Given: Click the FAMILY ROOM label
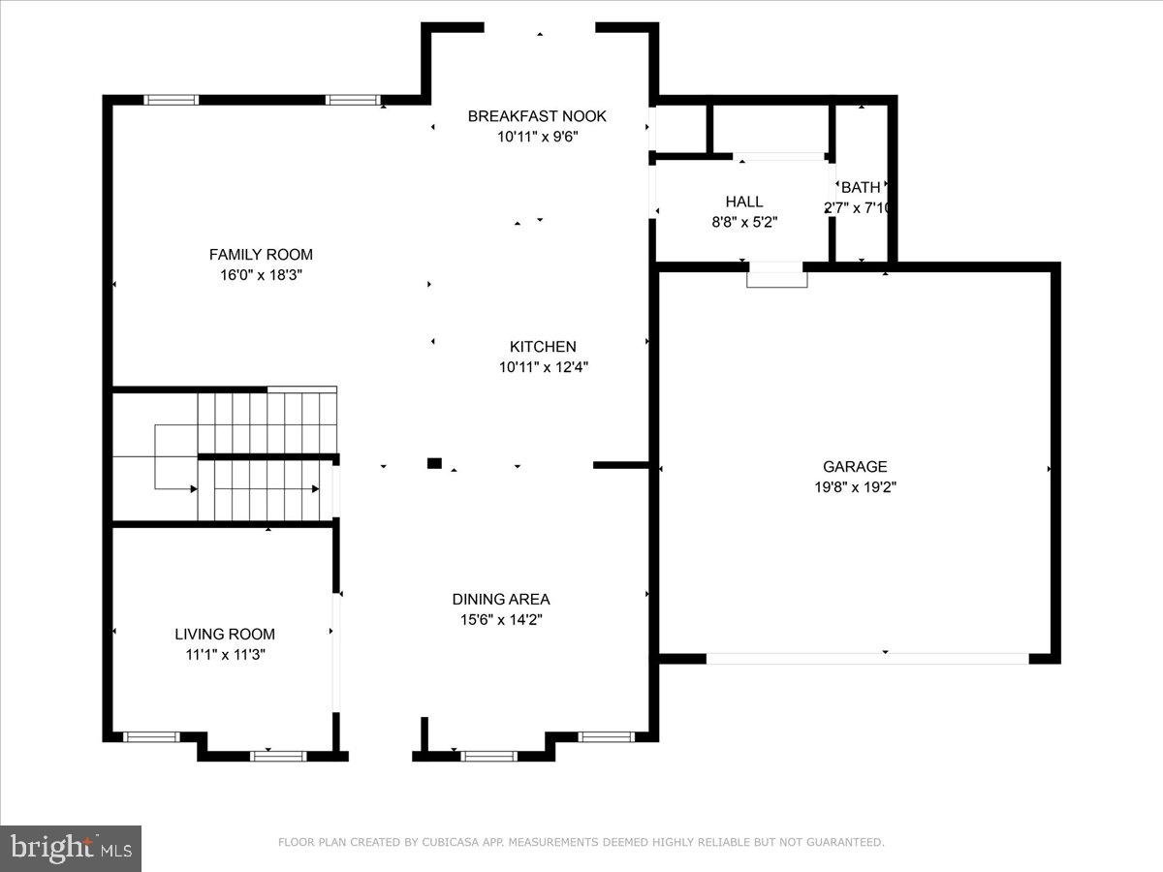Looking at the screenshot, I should pos(261,255).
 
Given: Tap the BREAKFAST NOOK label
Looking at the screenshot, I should pos(537,116).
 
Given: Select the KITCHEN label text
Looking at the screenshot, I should pos(543,347).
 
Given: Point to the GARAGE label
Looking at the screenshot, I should pos(855,467).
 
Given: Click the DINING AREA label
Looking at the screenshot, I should pos(500,600).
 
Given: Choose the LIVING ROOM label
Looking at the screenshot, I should pos(225,635).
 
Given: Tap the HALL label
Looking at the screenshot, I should pos(744,202).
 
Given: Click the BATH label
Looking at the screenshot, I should pos(861,187).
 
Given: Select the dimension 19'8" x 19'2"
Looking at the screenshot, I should pos(855,487).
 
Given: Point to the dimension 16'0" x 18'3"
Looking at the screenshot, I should pos(261,275).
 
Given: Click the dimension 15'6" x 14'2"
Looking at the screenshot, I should pos(500,620).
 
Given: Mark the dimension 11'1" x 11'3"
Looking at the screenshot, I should pos(225,655).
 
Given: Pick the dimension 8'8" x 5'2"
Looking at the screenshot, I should pos(744,222).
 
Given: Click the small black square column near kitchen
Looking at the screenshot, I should pos(434,463).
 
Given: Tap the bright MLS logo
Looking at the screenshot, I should pos(71,849).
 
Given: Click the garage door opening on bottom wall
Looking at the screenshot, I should pos(867,659).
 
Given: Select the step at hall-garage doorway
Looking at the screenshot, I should pos(776,279).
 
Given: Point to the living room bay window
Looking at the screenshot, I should pos(277,756).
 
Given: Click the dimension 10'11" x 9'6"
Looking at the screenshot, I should pos(537,137).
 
